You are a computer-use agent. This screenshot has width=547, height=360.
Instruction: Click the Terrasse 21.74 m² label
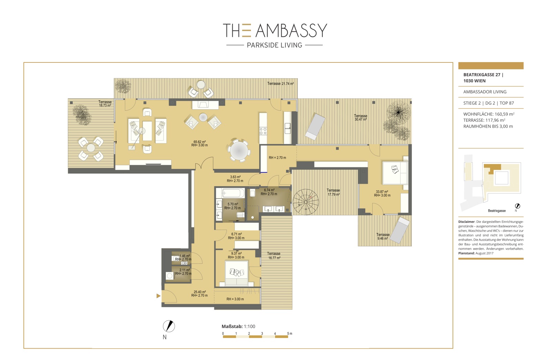point(280,83)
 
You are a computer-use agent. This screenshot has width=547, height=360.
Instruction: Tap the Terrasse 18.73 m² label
point(105,103)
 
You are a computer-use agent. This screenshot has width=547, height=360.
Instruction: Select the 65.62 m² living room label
point(200,143)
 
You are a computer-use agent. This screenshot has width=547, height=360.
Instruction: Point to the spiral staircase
point(305,202)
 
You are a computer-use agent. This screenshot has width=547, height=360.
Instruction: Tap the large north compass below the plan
point(169,326)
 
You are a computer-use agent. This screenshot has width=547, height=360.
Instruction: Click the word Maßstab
point(232,326)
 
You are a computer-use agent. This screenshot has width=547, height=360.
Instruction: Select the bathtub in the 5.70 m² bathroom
point(230,193)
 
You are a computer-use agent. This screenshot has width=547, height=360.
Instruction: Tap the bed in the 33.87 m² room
point(395,173)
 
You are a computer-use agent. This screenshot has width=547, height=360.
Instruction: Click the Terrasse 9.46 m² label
point(383,237)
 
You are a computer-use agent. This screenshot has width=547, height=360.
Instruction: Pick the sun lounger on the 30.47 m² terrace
point(315,126)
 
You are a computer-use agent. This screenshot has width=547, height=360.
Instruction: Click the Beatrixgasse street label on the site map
point(497,211)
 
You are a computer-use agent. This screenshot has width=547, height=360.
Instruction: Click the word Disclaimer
point(466,222)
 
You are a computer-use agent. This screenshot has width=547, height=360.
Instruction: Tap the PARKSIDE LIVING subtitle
point(274,45)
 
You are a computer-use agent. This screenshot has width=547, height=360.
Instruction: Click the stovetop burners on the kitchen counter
point(263,131)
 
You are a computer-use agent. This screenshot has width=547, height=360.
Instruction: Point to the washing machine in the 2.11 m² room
point(170,276)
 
